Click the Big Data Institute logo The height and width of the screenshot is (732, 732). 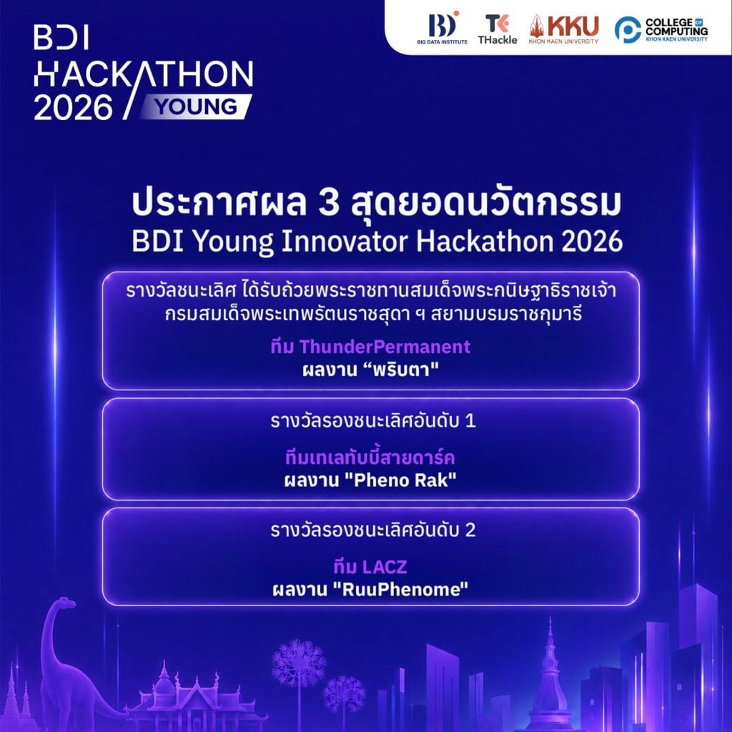click(442, 28)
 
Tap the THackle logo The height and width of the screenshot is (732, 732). click(498, 29)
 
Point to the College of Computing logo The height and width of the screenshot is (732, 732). click(661, 29)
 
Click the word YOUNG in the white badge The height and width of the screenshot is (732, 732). click(197, 107)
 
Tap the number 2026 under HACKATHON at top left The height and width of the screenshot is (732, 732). click(74, 108)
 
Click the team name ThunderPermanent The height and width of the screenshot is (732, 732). click(385, 347)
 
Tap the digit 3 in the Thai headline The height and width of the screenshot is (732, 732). click(329, 204)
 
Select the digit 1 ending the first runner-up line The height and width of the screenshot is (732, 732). click(470, 421)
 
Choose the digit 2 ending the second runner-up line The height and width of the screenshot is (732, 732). click(470, 530)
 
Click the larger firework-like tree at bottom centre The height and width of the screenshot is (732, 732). click(299, 663)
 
